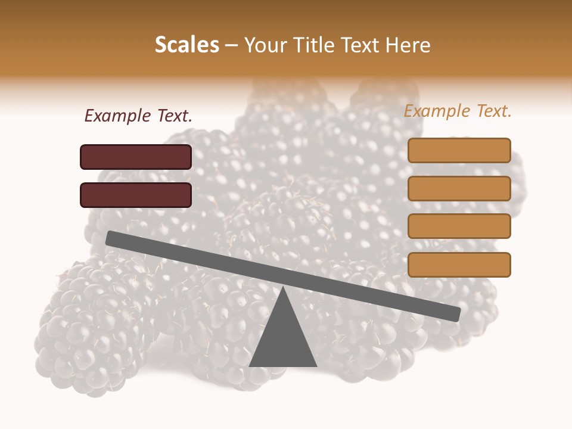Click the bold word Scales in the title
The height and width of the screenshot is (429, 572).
coord(187,45)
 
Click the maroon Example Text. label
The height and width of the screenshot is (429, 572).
coord(138,116)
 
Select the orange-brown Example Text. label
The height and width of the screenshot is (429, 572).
coord(458,111)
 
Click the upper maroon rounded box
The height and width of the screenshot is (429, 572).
coord(136,157)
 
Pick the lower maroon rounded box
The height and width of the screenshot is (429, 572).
coord(136,195)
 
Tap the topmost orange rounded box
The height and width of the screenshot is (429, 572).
coord(459,150)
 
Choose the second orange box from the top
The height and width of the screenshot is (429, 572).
coord(459,188)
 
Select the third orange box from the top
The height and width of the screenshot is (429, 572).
coord(459,226)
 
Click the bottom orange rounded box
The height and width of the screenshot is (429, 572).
coord(459,265)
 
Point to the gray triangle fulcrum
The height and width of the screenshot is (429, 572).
coord(283,340)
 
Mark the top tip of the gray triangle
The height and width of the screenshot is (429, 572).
coord(284,288)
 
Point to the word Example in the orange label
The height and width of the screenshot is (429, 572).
coord(436,111)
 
